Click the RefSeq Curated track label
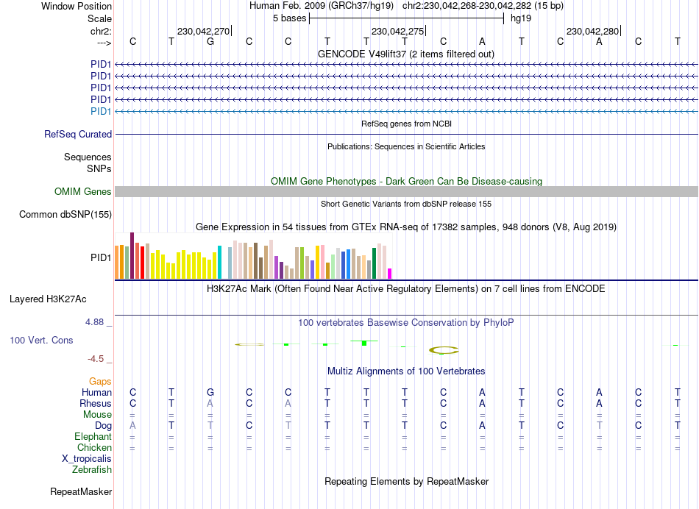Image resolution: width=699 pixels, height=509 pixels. (78, 135)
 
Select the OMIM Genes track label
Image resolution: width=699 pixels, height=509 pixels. (83, 192)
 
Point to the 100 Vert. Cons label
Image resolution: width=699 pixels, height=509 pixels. (41, 341)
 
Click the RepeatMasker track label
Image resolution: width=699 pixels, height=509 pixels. (81, 491)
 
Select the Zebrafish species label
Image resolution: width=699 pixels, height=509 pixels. (92, 469)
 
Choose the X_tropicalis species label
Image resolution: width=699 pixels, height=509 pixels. (87, 458)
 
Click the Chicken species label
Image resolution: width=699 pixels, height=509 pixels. (94, 447)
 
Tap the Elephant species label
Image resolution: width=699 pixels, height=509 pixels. (93, 436)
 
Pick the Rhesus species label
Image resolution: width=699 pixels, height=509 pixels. (96, 403)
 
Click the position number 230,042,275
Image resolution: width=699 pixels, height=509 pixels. (397, 32)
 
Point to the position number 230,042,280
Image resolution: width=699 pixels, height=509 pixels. (592, 32)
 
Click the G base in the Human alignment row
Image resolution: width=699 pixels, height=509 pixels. (210, 393)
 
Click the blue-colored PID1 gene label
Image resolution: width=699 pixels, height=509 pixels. (101, 111)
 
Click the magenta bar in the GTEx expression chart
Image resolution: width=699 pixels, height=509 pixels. (390, 274)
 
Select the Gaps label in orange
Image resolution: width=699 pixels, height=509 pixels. (101, 381)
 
